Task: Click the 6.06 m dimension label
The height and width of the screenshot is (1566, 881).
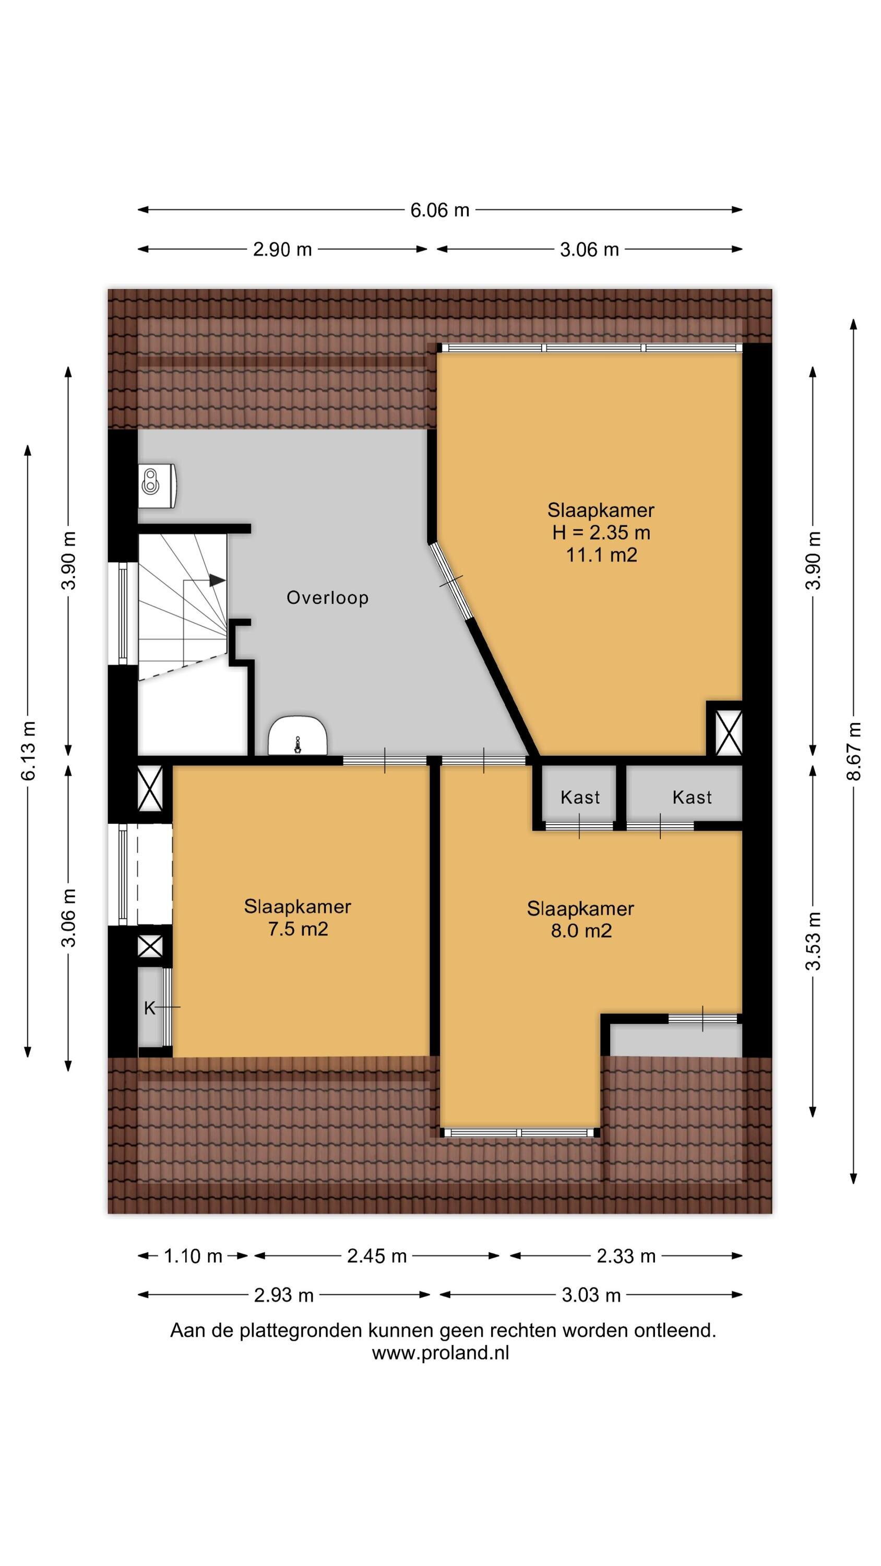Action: (x=439, y=210)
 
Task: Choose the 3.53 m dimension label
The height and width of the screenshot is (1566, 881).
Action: (x=813, y=941)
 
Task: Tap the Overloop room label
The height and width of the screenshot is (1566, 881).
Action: (x=328, y=598)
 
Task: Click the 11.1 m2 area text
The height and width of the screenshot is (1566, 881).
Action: (x=601, y=555)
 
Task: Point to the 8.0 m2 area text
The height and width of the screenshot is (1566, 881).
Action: (x=581, y=931)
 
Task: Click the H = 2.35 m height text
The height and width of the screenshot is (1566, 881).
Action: (x=601, y=532)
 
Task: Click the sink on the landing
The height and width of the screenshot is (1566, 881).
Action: (x=298, y=735)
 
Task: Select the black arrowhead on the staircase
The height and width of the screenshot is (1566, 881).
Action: (x=217, y=580)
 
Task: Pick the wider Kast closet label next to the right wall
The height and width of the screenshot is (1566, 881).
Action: (x=692, y=797)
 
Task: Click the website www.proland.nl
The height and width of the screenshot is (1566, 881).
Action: (x=440, y=1353)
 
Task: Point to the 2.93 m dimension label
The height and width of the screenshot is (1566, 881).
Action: (x=284, y=1295)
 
